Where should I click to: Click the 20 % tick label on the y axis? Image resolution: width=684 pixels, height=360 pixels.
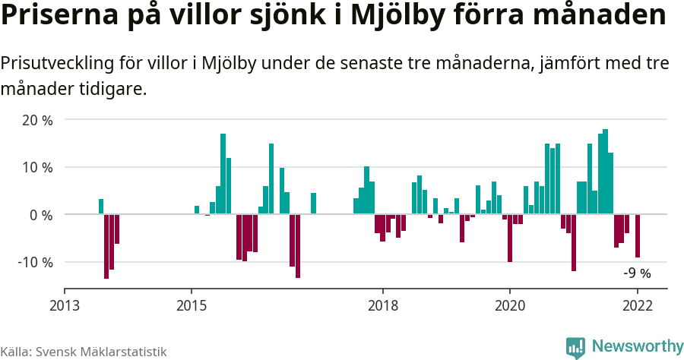pyautogui.click(x=37, y=120)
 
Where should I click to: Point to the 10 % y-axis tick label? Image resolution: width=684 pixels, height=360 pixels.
pyautogui.click(x=37, y=167)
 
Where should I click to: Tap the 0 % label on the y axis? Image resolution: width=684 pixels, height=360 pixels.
pyautogui.click(x=41, y=215)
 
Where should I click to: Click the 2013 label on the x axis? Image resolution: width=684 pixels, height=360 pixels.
pyautogui.click(x=65, y=305)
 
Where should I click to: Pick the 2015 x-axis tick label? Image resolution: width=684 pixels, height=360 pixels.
pyautogui.click(x=192, y=305)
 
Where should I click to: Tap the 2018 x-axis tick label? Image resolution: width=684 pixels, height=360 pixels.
pyautogui.click(x=382, y=305)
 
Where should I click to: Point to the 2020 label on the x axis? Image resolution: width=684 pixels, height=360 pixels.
pyautogui.click(x=510, y=305)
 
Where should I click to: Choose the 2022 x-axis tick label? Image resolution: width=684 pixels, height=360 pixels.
pyautogui.click(x=637, y=305)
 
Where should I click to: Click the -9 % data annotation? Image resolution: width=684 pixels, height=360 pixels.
pyautogui.click(x=637, y=273)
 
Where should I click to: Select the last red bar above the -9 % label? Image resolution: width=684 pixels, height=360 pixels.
pyautogui.click(x=638, y=236)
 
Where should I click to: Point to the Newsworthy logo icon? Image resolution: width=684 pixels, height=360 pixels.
pyautogui.click(x=575, y=347)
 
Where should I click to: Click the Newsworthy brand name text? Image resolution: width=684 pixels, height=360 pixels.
pyautogui.click(x=637, y=346)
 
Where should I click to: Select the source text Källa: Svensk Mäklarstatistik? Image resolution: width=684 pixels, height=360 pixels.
pyautogui.click(x=83, y=352)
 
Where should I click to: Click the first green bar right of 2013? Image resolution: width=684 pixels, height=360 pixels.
pyautogui.click(x=101, y=207)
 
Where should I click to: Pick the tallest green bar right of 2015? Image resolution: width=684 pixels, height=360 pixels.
pyautogui.click(x=223, y=174)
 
